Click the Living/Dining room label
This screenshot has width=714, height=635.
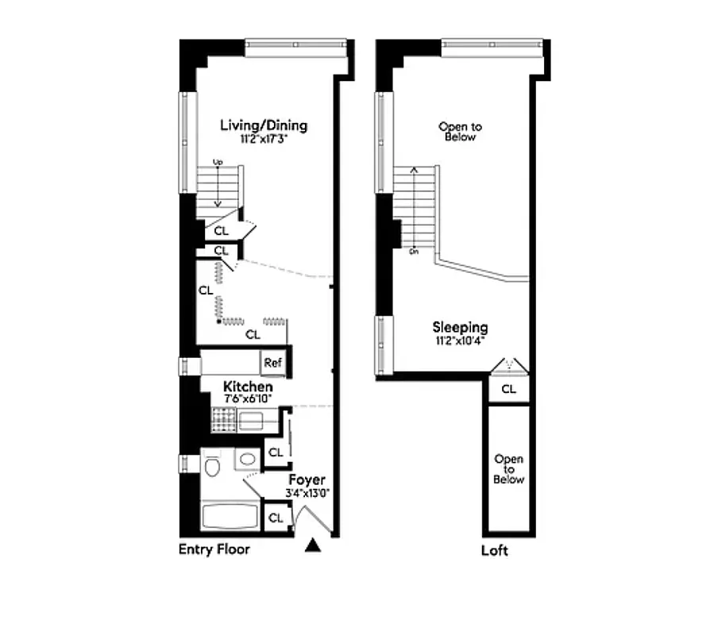263,125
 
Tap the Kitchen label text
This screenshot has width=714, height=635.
248,387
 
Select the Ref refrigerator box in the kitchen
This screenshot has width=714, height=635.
273,363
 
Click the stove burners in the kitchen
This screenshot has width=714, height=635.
222,421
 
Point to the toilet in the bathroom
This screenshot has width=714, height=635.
213,467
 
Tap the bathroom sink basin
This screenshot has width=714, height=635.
248,460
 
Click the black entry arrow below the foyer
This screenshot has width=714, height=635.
314,545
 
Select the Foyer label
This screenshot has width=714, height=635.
307,480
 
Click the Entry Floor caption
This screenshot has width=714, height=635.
214,549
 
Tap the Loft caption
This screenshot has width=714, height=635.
495,550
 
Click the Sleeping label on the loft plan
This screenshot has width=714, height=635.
460,327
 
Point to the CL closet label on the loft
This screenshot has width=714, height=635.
508,389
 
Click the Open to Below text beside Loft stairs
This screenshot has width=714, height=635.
460,132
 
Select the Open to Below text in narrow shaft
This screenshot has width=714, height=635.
508,469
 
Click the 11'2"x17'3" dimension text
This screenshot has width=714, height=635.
263,139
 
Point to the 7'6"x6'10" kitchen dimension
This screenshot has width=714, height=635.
248,398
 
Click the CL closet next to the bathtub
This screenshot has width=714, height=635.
275,518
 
